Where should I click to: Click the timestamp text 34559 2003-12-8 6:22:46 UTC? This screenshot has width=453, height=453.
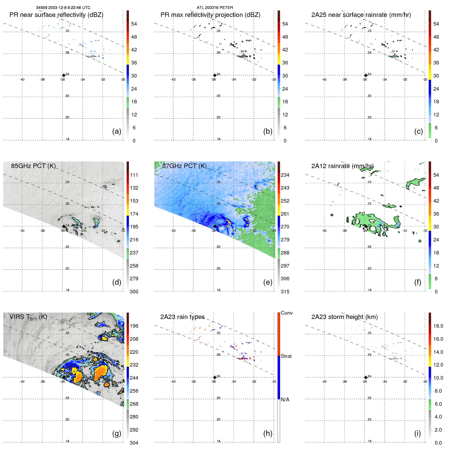click(63, 8)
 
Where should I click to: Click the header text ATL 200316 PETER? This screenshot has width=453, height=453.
click(215, 8)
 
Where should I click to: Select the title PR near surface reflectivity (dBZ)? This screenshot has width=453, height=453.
click(56, 15)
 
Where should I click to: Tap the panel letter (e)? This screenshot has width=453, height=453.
click(268, 282)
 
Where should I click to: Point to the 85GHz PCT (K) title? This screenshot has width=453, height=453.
click(33, 166)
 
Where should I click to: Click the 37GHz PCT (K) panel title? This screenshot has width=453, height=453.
click(184, 166)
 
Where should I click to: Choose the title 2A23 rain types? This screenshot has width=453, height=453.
click(182, 317)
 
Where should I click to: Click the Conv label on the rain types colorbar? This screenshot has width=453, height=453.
click(286, 313)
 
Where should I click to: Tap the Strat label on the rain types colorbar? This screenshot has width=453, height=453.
click(286, 356)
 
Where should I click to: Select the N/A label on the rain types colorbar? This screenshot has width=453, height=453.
click(285, 400)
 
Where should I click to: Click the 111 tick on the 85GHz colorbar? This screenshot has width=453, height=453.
click(134, 175)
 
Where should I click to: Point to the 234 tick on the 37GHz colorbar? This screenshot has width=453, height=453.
click(285, 175)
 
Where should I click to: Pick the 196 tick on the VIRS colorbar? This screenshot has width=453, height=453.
click(134, 326)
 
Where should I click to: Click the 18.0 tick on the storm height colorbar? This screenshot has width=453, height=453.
click(438, 326)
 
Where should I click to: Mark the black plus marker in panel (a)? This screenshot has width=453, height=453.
click(64, 75)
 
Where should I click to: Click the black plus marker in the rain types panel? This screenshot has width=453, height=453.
click(215, 377)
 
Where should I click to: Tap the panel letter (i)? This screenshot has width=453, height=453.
click(417, 433)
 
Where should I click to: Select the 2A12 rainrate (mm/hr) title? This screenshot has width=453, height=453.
click(342, 166)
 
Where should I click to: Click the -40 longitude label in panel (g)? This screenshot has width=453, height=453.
click(22, 382)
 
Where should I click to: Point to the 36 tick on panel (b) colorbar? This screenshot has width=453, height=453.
click(285, 63)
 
